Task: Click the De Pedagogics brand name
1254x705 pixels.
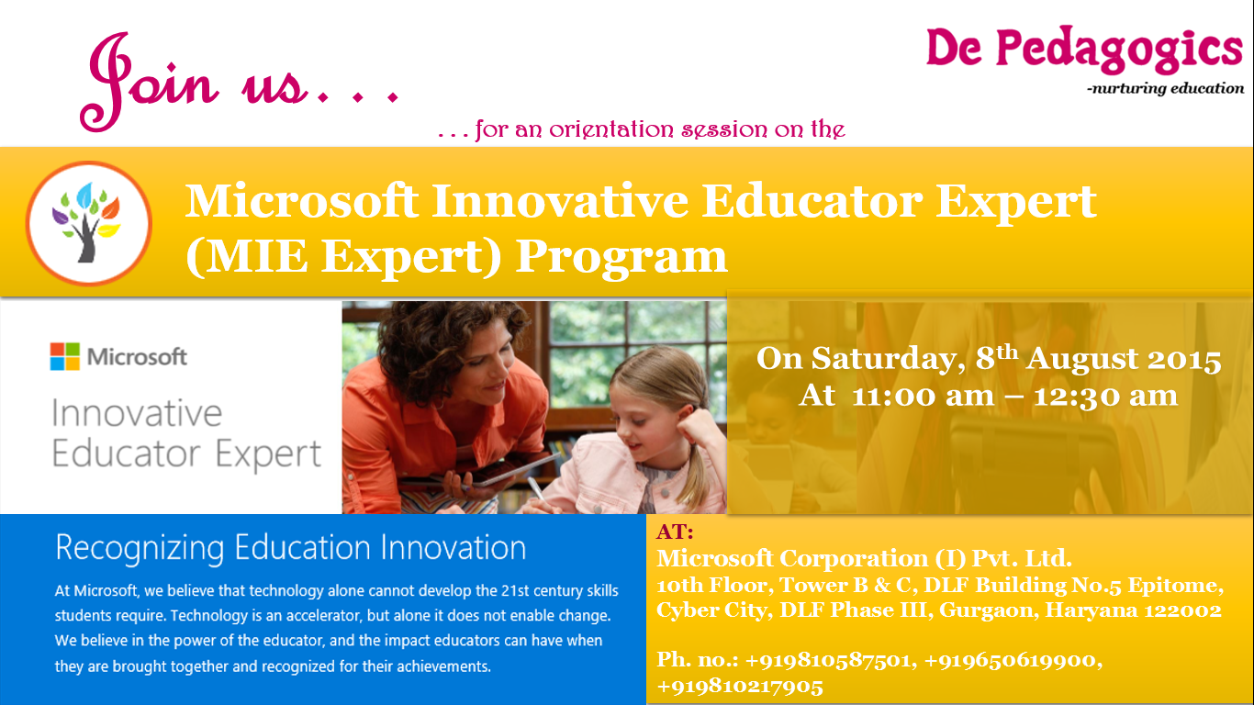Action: [1084, 50]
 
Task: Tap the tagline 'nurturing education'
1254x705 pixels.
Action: [1168, 88]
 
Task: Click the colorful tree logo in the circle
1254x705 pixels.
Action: [88, 223]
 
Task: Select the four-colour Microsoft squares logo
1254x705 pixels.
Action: [65, 357]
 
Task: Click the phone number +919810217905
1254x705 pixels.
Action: [740, 686]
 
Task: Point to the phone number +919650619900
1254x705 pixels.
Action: [1010, 661]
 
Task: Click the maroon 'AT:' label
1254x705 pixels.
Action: [675, 532]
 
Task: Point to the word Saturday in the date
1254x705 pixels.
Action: [889, 358]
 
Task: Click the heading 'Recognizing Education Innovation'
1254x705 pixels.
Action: [290, 548]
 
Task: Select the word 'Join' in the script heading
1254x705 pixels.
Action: [150, 81]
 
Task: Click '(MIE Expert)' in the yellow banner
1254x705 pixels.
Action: [343, 256]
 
